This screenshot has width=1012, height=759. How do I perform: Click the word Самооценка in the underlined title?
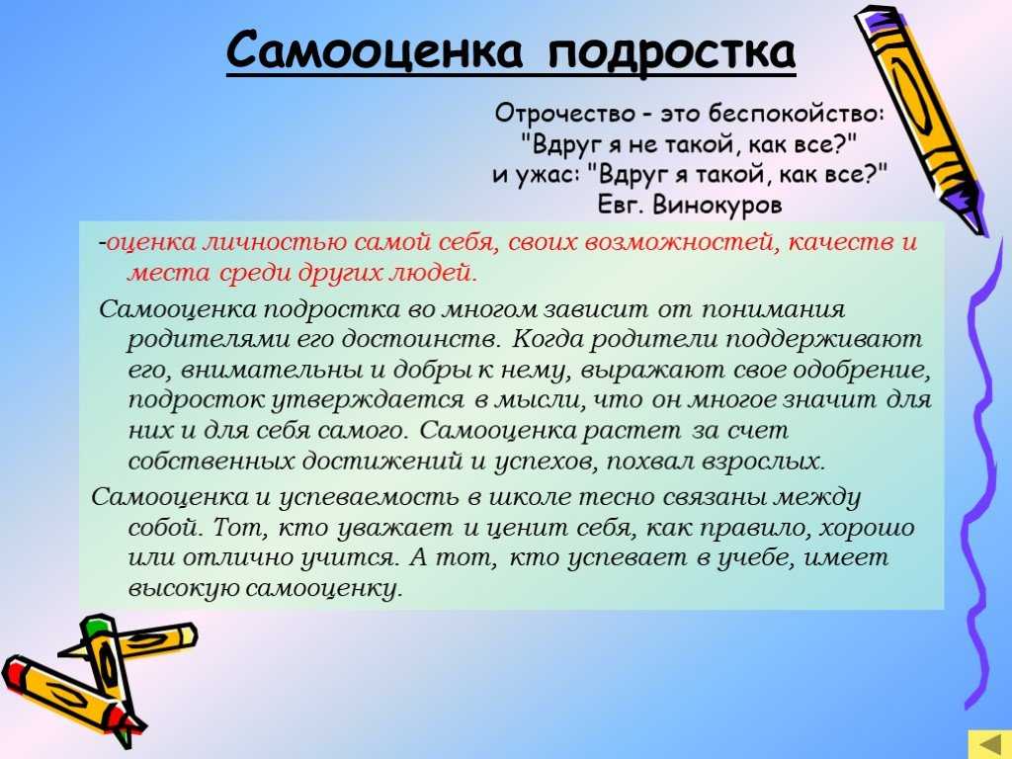click(x=375, y=50)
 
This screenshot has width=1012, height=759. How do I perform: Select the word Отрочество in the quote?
click(x=564, y=114)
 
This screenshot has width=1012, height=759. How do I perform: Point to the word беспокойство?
click(x=795, y=114)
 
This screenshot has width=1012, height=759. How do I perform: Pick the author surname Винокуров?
click(x=717, y=206)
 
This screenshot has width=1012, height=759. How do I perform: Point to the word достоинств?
click(x=423, y=339)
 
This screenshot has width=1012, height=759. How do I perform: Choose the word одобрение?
click(x=861, y=371)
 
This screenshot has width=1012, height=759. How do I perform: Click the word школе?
click(x=529, y=497)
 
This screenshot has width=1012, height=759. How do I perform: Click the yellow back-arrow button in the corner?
click(x=989, y=745)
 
